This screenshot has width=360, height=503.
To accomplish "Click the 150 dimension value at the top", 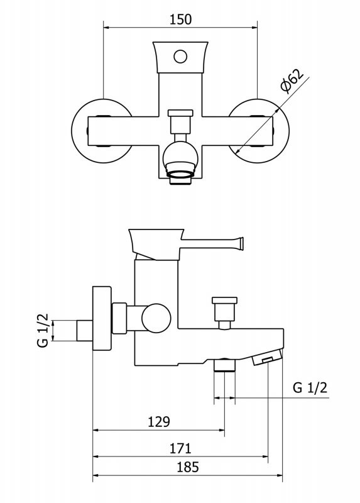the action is pyautogui.click(x=180, y=19).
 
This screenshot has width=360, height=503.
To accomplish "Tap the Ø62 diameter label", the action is pyautogui.click(x=292, y=80).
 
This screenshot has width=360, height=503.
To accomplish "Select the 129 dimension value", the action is pyautogui.click(x=159, y=421).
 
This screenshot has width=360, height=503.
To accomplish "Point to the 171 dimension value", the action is pyautogui.click(x=180, y=448).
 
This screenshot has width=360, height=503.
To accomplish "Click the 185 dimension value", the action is pyautogui.click(x=188, y=467).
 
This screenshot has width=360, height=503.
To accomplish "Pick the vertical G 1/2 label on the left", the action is pyautogui.click(x=43, y=331).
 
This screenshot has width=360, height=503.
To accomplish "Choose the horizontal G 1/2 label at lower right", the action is pyautogui.click(x=310, y=388).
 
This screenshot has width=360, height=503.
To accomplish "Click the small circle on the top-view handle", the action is pyautogui.click(x=180, y=57).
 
